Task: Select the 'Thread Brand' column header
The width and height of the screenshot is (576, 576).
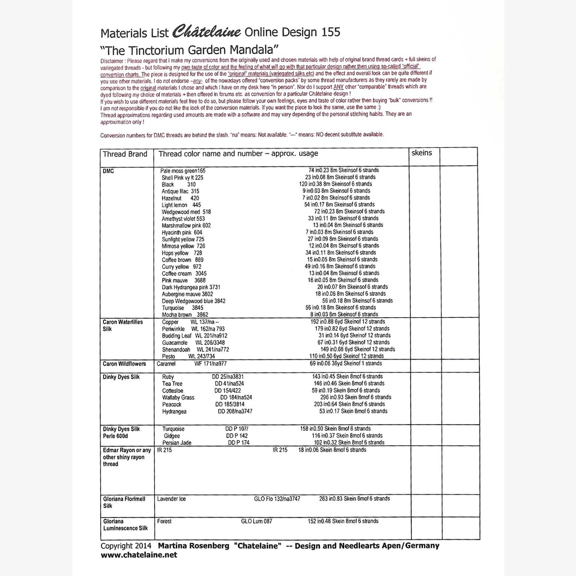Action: coord(125,154)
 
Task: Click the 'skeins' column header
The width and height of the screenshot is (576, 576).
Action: coord(422,152)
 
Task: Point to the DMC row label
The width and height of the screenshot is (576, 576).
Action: coord(109,170)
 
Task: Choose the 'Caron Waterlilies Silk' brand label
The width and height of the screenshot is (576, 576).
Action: coord(123,325)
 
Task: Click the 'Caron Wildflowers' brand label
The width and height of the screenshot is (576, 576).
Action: coord(125,364)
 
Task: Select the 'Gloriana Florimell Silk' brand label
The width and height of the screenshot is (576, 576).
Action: coord(124,502)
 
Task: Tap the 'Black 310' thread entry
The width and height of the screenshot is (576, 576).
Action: coord(179,184)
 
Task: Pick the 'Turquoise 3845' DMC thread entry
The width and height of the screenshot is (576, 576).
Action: coord(182,308)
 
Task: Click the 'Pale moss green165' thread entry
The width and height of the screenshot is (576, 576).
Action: coord(183,170)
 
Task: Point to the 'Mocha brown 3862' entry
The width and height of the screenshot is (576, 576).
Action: coord(185,315)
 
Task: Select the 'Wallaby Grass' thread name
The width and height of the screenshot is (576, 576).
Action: coord(178,397)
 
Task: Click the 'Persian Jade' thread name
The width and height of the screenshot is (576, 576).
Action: coord(177,443)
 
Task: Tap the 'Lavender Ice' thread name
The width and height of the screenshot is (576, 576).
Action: coord(172,499)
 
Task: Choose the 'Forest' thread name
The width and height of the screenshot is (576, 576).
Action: coord(164,521)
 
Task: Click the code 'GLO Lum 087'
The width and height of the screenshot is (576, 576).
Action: coord(256,521)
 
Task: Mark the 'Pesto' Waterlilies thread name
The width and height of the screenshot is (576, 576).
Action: coord(168,356)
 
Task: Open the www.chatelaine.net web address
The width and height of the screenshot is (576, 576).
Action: coord(138,555)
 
